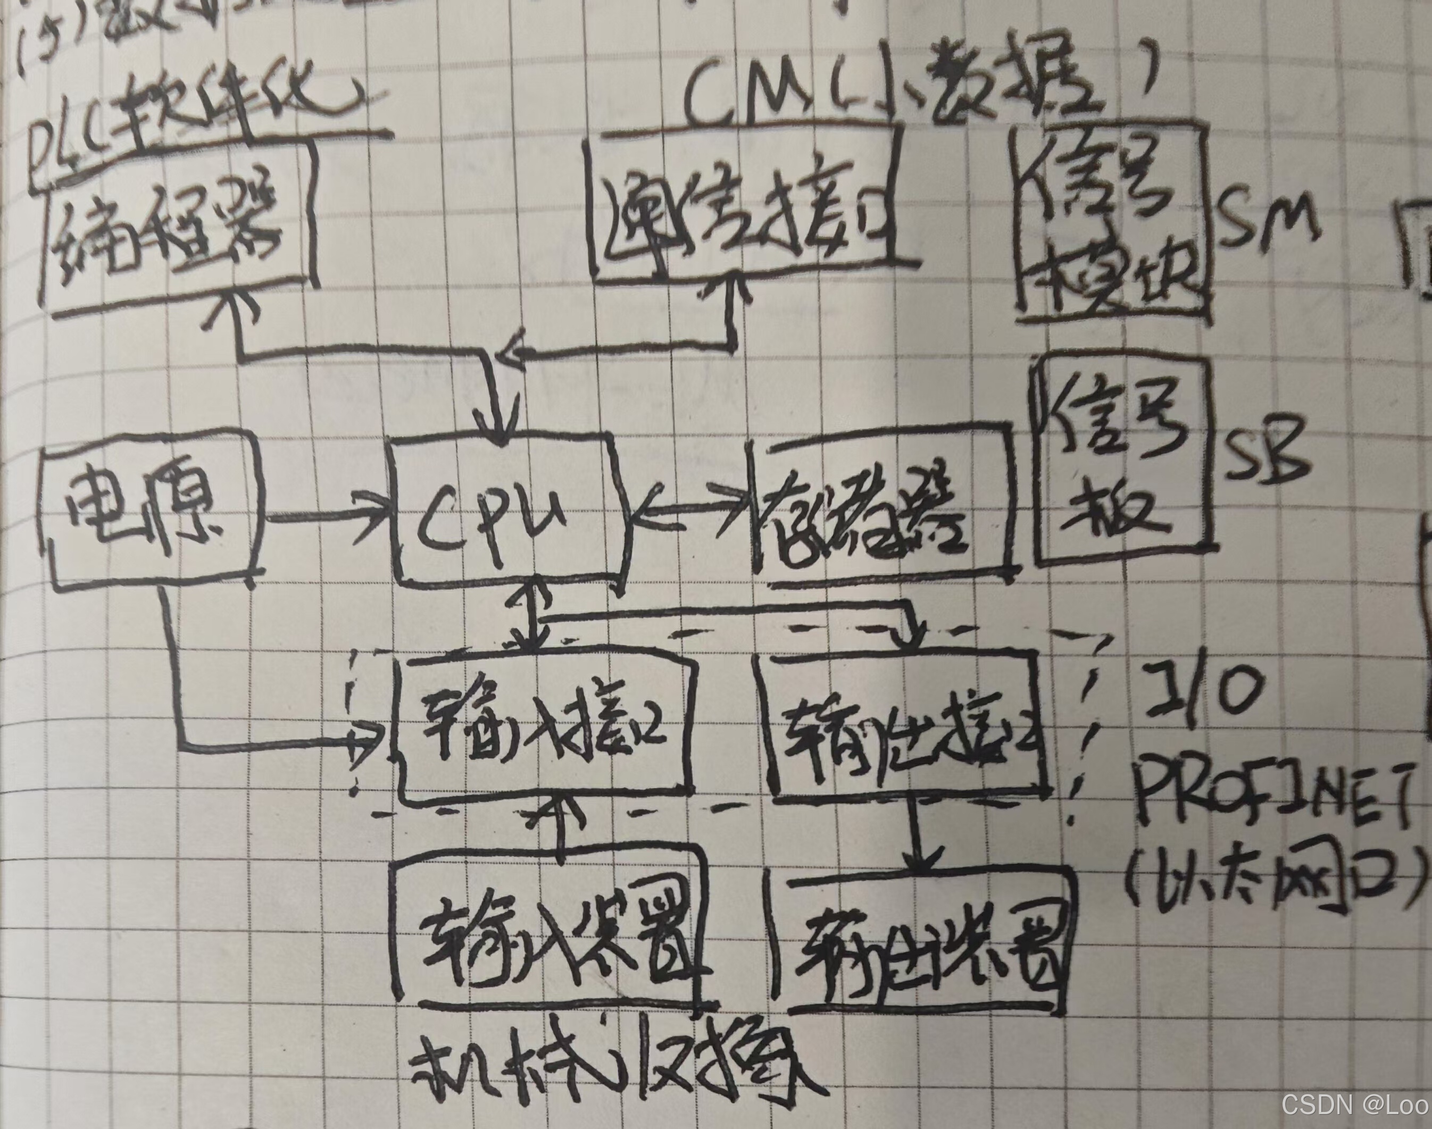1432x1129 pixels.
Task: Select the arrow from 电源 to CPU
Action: point(327,517)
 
